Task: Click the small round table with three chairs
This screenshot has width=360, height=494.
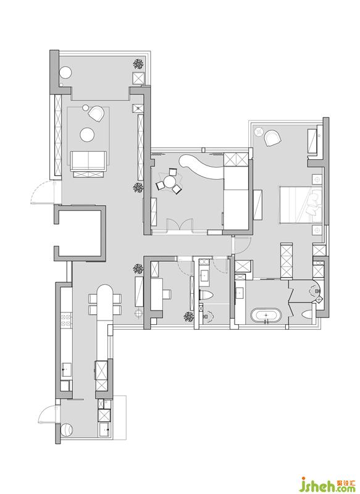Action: point(170,182)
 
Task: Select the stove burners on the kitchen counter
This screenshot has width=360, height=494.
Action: point(67,320)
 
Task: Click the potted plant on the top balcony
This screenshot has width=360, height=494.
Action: point(138,64)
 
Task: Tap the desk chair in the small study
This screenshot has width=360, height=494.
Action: point(167,294)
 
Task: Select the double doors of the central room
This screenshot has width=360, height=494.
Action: point(179,225)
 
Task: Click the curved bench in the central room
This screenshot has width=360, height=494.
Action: point(201,167)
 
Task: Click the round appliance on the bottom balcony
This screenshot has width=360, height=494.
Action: point(67,430)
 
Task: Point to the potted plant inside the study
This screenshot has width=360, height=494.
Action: point(189,317)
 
